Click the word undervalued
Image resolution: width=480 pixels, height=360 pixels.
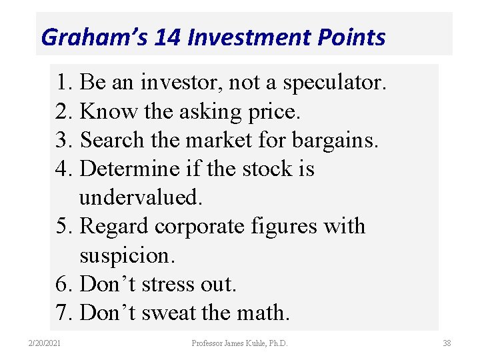[x=140, y=197]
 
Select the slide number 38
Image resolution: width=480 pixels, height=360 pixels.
[x=447, y=343]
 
